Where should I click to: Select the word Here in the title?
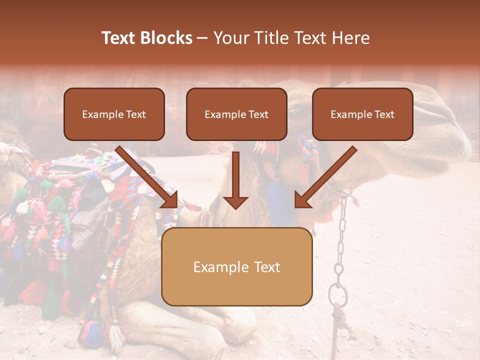pyautogui.click(x=351, y=38)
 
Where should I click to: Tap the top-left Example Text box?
pyautogui.click(x=114, y=114)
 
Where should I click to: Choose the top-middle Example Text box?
pyautogui.click(x=236, y=114)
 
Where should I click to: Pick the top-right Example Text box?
pyautogui.click(x=362, y=114)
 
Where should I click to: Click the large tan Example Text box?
pyautogui.click(x=236, y=267)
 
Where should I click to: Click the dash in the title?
pyautogui.click(x=202, y=38)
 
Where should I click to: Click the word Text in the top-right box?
pyautogui.click(x=384, y=114)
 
